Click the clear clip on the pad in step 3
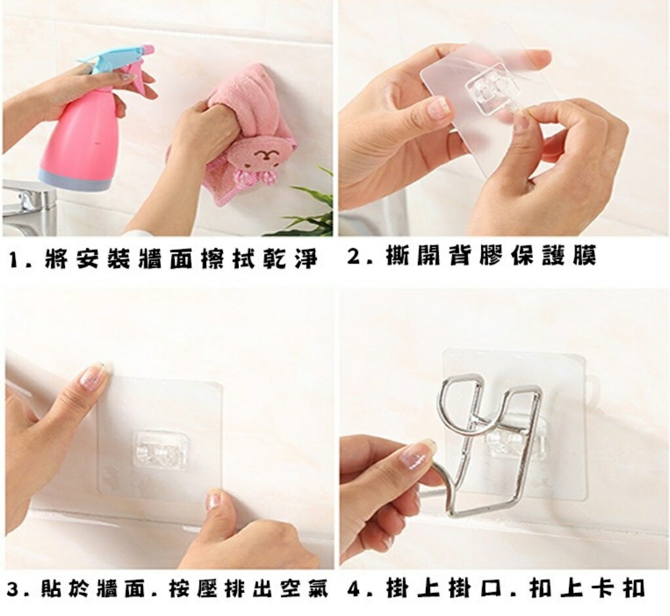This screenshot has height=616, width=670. point(160,450)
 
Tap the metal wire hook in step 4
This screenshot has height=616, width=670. point(492,444)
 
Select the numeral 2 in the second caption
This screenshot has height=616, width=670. point(356,257)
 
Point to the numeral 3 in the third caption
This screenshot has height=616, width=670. point(14,590)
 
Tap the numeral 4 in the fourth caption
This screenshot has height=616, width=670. point(356,588)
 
